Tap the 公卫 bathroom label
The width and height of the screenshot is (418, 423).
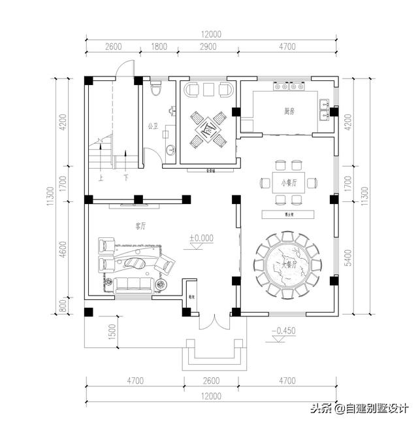coord(153,125)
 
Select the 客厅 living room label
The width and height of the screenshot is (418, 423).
coord(140,226)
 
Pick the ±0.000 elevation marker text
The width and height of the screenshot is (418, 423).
coord(201,238)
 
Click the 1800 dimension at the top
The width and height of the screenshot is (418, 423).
coord(158,46)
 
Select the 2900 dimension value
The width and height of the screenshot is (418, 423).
coord(209,46)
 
